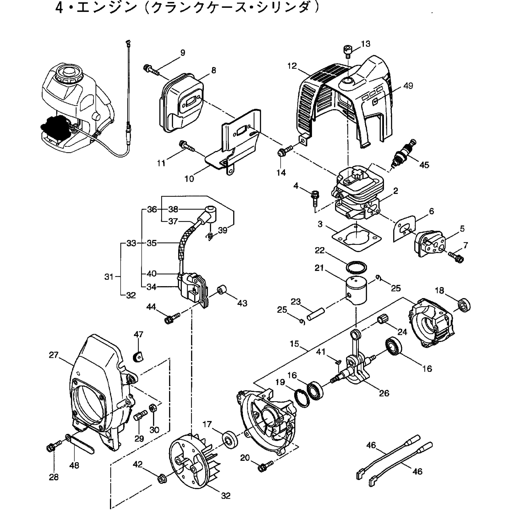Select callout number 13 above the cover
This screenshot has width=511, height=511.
point(366,44)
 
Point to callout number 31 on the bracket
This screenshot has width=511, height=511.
point(109,277)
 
